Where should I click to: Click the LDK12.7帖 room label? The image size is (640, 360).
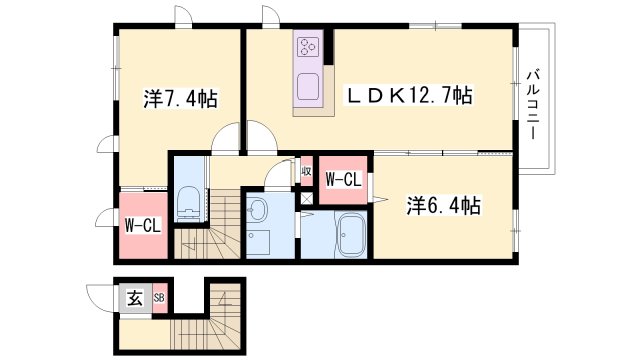(410, 96)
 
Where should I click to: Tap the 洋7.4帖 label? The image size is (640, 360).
(180, 98)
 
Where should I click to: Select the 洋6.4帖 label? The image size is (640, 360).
(443, 206)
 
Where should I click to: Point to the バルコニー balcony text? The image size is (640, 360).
(532, 105)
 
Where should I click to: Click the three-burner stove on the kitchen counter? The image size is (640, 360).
(308, 46)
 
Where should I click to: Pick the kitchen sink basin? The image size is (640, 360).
(308, 87)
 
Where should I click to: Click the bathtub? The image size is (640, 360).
(349, 235)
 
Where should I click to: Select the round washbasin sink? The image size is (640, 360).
(257, 209)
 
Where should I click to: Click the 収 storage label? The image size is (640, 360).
(306, 171)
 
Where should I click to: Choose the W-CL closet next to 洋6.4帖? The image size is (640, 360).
(344, 180)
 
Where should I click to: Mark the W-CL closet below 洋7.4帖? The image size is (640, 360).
(143, 225)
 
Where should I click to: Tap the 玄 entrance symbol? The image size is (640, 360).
(135, 299)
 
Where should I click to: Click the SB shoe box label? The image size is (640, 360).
(159, 298)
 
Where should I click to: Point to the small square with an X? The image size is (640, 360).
(306, 198)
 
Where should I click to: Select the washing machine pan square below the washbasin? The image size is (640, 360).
(258, 242)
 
